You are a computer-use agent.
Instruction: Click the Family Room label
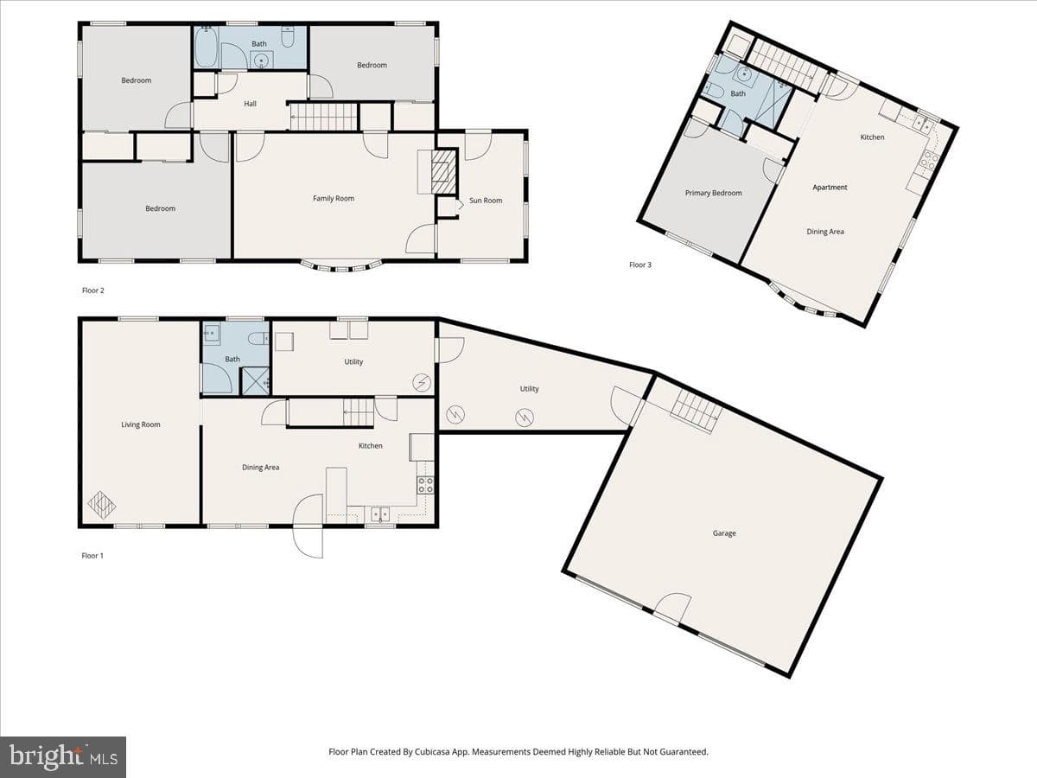(333, 199)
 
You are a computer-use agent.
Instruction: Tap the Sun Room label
(486, 201)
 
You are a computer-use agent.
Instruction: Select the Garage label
(724, 533)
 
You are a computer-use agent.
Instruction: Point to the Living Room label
(141, 424)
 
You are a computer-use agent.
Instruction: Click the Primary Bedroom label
(714, 193)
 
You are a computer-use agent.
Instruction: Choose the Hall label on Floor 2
(250, 104)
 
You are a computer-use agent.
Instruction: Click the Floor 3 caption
(640, 265)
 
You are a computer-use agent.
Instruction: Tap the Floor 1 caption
(92, 556)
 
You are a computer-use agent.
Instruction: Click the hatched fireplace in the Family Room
(443, 171)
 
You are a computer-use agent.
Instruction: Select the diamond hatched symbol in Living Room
(102, 506)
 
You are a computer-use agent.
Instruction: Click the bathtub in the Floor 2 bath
(206, 48)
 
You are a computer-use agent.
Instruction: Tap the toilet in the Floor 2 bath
(288, 36)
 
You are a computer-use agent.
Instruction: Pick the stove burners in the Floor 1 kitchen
(425, 485)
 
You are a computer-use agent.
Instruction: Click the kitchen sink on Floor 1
(380, 514)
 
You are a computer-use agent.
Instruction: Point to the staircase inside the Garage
(697, 413)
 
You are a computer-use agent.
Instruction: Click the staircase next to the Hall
(323, 117)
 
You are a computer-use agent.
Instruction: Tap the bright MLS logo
(63, 756)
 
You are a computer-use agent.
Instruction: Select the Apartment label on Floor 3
(830, 187)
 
